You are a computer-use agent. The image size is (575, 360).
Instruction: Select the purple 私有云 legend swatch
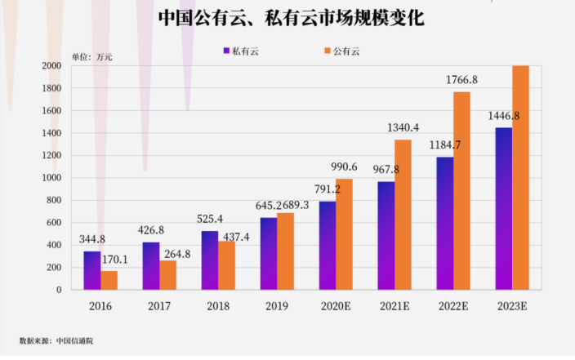point(226,51)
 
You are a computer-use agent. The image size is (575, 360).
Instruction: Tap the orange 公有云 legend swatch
point(327,51)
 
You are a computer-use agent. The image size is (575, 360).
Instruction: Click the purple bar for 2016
point(91,270)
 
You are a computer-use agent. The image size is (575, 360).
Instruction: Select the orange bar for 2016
point(109,280)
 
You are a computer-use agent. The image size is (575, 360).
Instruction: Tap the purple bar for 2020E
point(327,245)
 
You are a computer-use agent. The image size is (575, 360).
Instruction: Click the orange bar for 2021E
point(403,215)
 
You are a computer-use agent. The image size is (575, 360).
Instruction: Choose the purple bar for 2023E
point(503,208)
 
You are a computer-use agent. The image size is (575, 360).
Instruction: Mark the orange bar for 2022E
point(461,191)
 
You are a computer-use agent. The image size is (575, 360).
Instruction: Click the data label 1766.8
point(461,80)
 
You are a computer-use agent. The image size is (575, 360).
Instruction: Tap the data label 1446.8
point(503,116)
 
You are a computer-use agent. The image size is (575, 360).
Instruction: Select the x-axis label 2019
point(277,306)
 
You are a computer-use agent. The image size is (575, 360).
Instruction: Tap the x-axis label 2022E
point(453,306)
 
